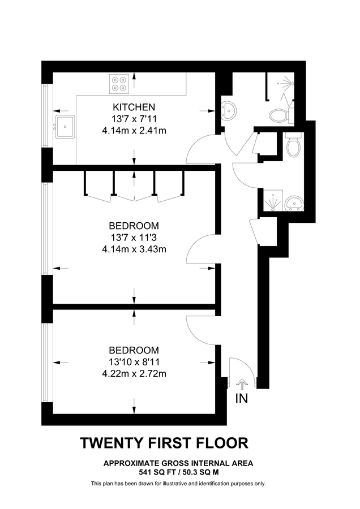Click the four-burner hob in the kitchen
[x=119, y=84]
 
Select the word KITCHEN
[x=134, y=107]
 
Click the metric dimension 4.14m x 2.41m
[x=134, y=130]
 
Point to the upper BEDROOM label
[x=134, y=225]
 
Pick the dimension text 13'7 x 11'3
[x=134, y=236]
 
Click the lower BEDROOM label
[x=134, y=350]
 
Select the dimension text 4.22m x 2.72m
[x=134, y=373]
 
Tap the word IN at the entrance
[x=242, y=398]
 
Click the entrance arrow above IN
[x=242, y=384]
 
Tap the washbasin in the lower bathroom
[x=294, y=202]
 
